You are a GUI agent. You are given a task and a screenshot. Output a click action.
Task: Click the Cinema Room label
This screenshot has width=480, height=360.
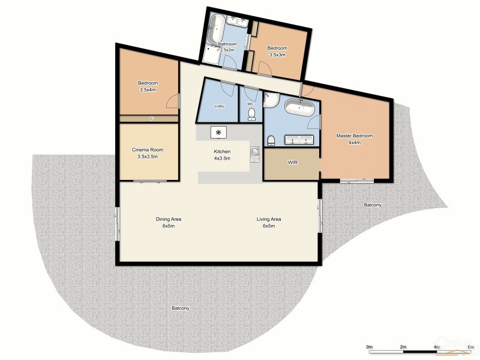click(148, 153)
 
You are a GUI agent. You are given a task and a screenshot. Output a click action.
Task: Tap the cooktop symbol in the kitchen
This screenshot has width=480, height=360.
click(218, 133)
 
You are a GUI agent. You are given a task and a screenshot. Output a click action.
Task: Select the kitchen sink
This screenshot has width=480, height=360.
click(254, 154)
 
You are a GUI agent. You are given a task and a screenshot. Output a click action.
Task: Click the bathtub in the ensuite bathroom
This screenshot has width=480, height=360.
click(298, 109)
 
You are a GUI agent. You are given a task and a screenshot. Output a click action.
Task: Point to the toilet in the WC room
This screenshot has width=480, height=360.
click(251, 113)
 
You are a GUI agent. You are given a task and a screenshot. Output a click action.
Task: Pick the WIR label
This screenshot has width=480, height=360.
click(293, 163)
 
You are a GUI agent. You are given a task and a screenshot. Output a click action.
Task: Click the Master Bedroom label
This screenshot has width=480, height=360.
click(355, 139)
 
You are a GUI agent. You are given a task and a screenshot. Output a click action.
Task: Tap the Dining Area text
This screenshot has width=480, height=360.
click(168, 223)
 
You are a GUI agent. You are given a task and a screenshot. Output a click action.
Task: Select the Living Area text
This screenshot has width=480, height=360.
click(269, 223)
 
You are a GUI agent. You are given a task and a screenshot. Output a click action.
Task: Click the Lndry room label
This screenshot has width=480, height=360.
click(219, 107)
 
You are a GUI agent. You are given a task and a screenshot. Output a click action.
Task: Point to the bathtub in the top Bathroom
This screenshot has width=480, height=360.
click(216, 28)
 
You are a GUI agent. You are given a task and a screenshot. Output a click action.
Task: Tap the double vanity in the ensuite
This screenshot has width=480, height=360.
click(299, 140)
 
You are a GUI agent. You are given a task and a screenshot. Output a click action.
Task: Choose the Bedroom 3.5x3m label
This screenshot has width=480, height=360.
click(277, 51)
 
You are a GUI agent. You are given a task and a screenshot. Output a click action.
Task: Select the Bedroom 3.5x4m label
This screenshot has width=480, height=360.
click(148, 86)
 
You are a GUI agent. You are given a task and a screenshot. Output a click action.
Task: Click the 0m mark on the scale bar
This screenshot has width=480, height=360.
click(370, 347)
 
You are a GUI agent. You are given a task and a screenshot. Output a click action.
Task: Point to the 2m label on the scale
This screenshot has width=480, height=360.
click(403, 347)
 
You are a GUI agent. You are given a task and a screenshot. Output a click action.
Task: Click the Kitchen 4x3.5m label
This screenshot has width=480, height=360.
click(223, 155)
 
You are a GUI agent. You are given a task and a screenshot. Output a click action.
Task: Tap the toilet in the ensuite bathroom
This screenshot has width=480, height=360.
click(271, 140)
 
